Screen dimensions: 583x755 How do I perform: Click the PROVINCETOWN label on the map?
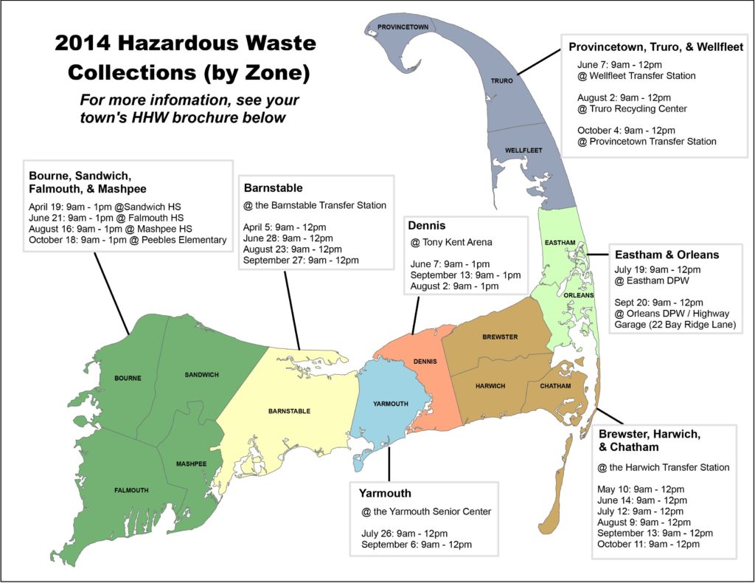(403, 27)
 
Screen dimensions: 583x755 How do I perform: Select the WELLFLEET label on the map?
(523, 151)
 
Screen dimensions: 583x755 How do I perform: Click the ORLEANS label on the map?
(578, 295)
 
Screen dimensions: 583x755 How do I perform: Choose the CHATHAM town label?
(554, 385)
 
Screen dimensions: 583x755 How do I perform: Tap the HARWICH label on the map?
(490, 386)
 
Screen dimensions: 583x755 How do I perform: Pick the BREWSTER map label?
(500, 337)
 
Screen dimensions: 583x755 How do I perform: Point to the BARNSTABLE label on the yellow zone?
(289, 411)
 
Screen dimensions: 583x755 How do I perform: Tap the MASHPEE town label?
(190, 464)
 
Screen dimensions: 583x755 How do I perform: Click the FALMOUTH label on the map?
(131, 490)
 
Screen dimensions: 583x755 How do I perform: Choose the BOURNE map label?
(128, 379)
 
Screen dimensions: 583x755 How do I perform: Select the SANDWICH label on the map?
(201, 375)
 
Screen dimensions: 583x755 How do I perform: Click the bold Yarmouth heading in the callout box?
(385, 493)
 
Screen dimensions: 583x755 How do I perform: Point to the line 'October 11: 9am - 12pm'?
(648, 544)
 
